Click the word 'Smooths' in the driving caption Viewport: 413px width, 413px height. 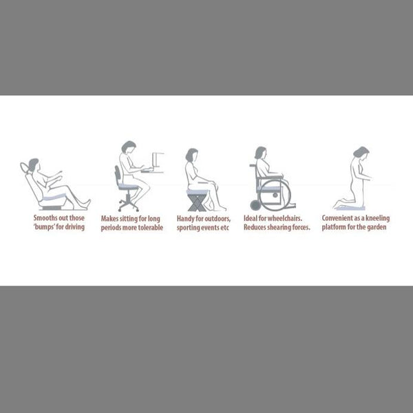point(44,218)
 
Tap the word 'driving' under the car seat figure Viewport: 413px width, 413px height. point(75,226)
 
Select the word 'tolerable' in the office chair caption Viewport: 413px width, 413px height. point(151,227)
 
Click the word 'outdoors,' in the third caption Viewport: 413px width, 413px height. point(218,219)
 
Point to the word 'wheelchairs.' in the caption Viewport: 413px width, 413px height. point(285,218)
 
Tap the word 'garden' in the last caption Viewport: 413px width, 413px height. point(377,226)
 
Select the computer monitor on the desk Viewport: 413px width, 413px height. point(157,160)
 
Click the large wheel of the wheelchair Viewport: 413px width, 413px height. point(275,195)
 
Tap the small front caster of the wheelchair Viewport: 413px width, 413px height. point(255,205)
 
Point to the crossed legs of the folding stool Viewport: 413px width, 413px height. point(196,203)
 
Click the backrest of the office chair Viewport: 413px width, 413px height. point(118,174)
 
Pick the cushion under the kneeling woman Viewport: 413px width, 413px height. point(350,209)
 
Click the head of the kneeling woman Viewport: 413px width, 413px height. point(361,152)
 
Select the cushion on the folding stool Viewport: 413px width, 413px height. point(198,192)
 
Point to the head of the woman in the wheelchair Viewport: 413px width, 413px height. point(261,153)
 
